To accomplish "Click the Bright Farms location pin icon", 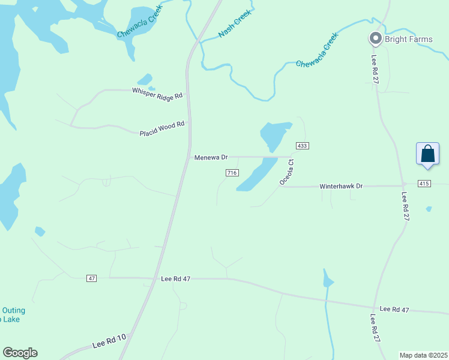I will pos(376,39).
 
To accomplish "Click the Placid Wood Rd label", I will pos(161,129).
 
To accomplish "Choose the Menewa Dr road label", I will pos(211,157).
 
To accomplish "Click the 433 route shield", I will pos(302,146).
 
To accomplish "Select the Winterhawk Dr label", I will pos(342,186).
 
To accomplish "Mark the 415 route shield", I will pos(424,183).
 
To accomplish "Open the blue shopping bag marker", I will pos(428,154).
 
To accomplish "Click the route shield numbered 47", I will pos(91,278).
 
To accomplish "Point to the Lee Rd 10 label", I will pos(109,342).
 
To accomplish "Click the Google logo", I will pos(20,353).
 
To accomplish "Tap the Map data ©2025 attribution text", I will pos(423,355).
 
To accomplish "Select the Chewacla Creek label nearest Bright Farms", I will pos(317,50).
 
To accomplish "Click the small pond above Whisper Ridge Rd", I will pos(145,79).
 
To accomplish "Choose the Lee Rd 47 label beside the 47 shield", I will pos(176,279).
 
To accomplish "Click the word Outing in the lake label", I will pos(14,310).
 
